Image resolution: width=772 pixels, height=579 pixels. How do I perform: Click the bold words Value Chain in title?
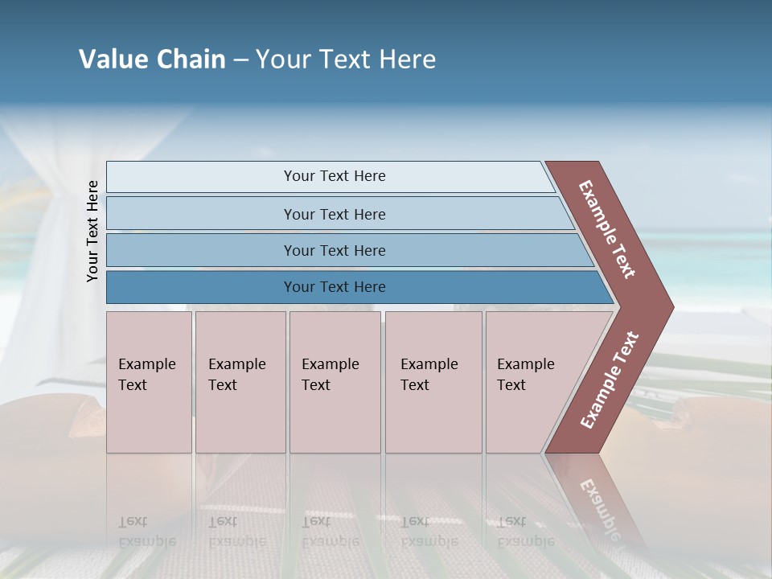pyautogui.click(x=152, y=60)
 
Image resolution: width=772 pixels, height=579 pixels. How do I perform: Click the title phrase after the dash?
pyautogui.click(x=346, y=60)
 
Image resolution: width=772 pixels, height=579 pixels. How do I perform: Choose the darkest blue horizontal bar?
pyautogui.click(x=201, y=287)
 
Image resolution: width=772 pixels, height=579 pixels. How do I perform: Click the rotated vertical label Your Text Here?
pyautogui.click(x=92, y=231)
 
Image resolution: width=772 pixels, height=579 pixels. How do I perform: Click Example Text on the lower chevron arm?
pyautogui.click(x=610, y=380)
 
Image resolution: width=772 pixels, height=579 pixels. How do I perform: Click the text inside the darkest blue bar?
pyautogui.click(x=335, y=287)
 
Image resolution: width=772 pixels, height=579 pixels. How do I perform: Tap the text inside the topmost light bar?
pyautogui.click(x=335, y=176)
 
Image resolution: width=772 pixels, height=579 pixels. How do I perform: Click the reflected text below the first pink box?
pyautogui.click(x=146, y=531)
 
